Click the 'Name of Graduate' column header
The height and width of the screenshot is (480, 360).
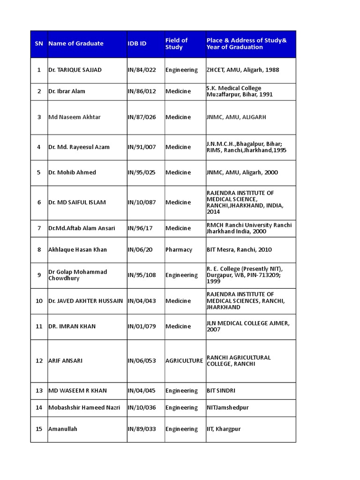click(76, 44)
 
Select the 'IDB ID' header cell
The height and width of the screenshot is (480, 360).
click(137, 44)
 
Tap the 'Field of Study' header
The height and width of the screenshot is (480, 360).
click(176, 44)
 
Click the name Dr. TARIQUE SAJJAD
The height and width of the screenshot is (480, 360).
click(75, 70)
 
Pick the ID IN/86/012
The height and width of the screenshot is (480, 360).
click(142, 91)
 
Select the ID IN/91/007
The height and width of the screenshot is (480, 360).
click(142, 147)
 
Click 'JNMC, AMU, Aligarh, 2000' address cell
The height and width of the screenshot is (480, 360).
click(242, 172)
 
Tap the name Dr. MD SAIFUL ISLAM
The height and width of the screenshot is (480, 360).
click(77, 202)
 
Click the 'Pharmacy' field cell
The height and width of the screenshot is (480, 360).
click(179, 250)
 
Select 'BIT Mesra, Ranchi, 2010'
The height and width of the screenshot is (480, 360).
click(239, 250)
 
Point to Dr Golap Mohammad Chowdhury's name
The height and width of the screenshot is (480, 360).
click(78, 275)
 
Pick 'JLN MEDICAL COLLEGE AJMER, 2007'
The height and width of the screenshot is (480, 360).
click(248, 326)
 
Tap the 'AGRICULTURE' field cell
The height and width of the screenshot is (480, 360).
click(184, 361)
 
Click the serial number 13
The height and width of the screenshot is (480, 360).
click(39, 391)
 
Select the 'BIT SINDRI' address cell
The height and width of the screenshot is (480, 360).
click(221, 391)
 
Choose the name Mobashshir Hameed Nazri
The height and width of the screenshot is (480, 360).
click(84, 408)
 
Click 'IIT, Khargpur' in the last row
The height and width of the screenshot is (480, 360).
click(224, 429)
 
